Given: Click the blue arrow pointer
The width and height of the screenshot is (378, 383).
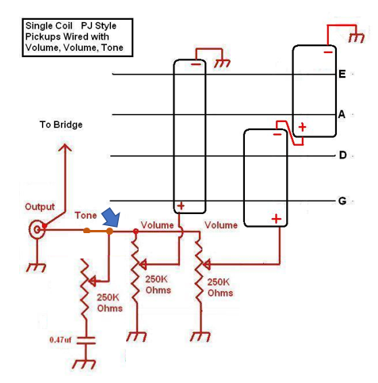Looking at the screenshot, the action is [112, 217].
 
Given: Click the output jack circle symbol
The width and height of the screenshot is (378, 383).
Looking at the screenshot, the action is [36, 230].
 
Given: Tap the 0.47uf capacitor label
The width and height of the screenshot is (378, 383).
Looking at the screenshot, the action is [60, 339].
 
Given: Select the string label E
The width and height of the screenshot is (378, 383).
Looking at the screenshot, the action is [342, 74].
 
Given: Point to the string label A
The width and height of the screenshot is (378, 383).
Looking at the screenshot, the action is [342, 114].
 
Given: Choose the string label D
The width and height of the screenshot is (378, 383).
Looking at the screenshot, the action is [342, 155].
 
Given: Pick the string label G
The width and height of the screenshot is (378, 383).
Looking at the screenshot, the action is [342, 201].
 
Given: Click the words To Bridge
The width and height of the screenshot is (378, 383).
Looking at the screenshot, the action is [61, 124].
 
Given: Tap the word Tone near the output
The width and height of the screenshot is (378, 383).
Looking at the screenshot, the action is [86, 215].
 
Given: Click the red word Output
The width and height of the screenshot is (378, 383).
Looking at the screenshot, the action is [40, 207].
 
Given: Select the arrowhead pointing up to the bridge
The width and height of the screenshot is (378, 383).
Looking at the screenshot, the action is [65, 147].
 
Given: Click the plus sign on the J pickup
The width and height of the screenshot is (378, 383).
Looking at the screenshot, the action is [181, 205].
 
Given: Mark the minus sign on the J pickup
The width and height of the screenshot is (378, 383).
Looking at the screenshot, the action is [196, 64].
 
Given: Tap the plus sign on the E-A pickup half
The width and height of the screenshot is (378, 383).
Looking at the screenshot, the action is [303, 127].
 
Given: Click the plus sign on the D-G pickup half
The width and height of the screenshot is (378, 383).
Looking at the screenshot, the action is [277, 219].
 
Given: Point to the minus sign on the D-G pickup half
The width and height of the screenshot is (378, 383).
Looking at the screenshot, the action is [277, 135].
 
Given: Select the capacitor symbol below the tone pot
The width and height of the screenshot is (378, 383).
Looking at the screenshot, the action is [86, 340].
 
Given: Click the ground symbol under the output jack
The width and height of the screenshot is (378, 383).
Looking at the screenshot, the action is [36, 267].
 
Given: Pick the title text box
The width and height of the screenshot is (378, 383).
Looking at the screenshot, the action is [78, 37].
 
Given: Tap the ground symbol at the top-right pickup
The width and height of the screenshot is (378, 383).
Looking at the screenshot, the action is [357, 38].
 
